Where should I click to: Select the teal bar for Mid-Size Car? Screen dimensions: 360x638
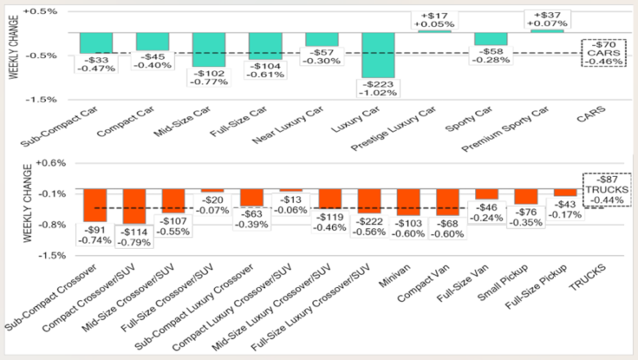coord(209,49)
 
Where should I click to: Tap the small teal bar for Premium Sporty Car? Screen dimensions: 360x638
coord(546,30)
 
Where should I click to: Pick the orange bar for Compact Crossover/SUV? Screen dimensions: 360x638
coord(135,205)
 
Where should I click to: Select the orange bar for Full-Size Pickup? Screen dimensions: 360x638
coord(565,192)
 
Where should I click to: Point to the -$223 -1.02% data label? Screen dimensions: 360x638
coord(378,88)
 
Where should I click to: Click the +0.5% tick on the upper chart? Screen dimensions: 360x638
coord(40,11)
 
